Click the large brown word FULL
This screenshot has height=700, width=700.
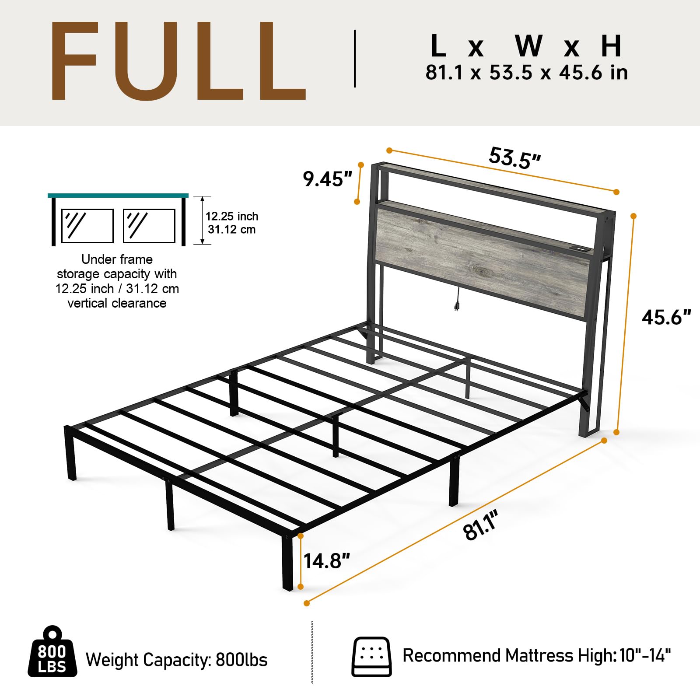(177, 61)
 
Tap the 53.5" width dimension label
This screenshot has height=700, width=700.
(514, 158)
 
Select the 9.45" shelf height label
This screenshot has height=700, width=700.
(327, 179)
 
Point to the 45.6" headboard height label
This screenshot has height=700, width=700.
(666, 317)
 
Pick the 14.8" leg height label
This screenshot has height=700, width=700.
(327, 561)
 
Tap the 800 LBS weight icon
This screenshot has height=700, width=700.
(52, 652)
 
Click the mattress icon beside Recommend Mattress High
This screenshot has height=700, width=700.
(371, 657)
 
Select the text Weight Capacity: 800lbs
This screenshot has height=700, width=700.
(176, 660)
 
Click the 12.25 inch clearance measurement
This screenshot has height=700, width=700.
(232, 216)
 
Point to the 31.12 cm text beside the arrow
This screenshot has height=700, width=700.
(231, 230)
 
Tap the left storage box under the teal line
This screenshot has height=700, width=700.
(87, 226)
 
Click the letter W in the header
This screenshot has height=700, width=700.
(528, 46)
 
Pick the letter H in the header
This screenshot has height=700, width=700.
(611, 46)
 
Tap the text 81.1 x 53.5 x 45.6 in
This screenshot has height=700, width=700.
(526, 73)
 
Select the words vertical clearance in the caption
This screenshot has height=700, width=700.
(117, 303)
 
